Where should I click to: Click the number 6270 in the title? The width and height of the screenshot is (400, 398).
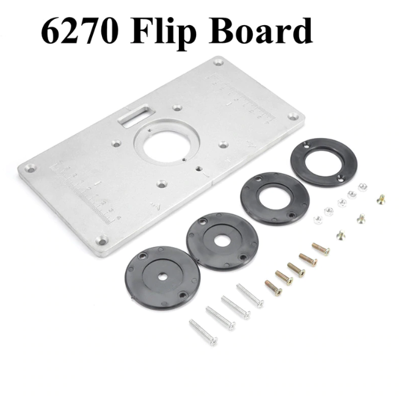(79, 31)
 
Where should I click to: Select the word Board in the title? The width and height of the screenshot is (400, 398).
(261, 31)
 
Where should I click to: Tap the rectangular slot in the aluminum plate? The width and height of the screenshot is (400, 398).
(136, 115)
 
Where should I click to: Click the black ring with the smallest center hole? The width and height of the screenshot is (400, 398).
(163, 277)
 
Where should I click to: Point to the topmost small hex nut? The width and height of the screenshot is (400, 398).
(363, 187)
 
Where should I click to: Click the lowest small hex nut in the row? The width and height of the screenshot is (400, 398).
(318, 220)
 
